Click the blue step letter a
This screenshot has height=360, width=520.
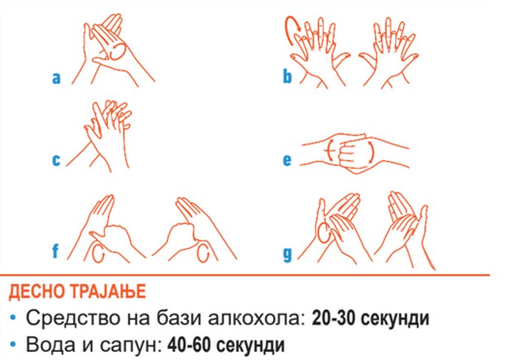[x=57, y=78]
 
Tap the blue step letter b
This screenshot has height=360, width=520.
[x=287, y=75]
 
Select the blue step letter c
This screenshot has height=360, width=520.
[x=57, y=160]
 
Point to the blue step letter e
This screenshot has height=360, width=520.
[x=287, y=160]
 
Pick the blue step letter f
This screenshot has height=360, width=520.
[x=55, y=251]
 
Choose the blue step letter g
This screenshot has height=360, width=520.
[x=287, y=255]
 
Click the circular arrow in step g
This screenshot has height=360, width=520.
[x=324, y=232]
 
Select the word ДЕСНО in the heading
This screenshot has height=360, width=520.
[x=38, y=292]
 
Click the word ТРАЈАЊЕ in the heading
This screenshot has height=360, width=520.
[x=108, y=292]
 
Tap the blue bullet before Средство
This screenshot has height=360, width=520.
[x=13, y=318]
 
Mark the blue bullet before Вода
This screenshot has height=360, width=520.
[x=13, y=345]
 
